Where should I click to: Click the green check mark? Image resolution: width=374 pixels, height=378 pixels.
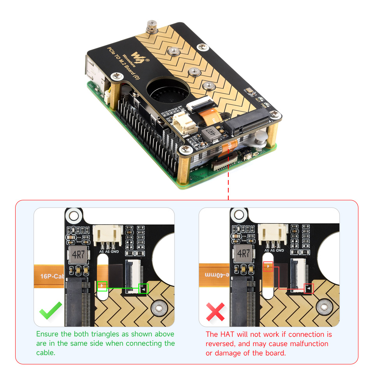point(51,310)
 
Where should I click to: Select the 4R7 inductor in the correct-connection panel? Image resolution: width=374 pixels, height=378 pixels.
point(78,254)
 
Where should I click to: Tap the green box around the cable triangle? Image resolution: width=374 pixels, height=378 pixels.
point(102,286)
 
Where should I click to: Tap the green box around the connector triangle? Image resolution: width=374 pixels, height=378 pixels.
point(144,289)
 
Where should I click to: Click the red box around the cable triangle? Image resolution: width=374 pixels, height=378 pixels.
point(268,267)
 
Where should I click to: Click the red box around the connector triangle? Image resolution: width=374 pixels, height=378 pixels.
point(309,289)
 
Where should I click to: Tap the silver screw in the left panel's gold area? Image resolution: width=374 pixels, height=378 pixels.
point(159,309)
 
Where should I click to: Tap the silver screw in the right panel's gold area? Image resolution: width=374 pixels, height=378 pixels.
point(324,308)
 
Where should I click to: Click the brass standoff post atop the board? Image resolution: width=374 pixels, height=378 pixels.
point(149,28)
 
